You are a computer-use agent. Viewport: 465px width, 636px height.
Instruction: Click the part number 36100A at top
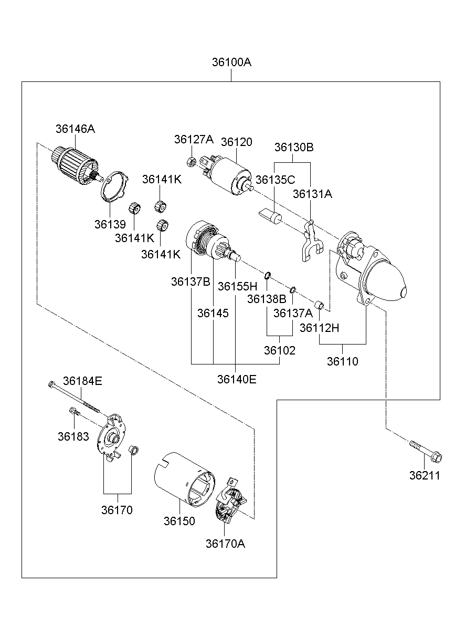click(x=231, y=62)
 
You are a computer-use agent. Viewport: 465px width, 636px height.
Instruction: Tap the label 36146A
click(x=75, y=129)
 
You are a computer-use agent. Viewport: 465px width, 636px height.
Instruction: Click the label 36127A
click(x=194, y=139)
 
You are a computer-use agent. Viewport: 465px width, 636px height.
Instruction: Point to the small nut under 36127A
click(x=192, y=162)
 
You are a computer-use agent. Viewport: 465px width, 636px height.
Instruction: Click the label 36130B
click(x=294, y=148)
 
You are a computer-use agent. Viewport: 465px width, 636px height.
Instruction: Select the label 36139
click(x=110, y=224)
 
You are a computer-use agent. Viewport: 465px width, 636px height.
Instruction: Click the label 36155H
click(x=237, y=286)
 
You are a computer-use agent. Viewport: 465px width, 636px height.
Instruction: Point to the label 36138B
click(x=267, y=299)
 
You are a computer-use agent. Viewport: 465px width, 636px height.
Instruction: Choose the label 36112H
click(x=319, y=328)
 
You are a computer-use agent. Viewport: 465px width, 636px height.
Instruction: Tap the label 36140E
click(x=237, y=379)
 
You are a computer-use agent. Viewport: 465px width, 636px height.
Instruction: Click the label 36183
click(x=73, y=436)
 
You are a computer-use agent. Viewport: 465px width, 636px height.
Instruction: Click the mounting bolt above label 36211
click(x=425, y=450)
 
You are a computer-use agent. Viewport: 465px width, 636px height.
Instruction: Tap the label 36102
click(x=279, y=351)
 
